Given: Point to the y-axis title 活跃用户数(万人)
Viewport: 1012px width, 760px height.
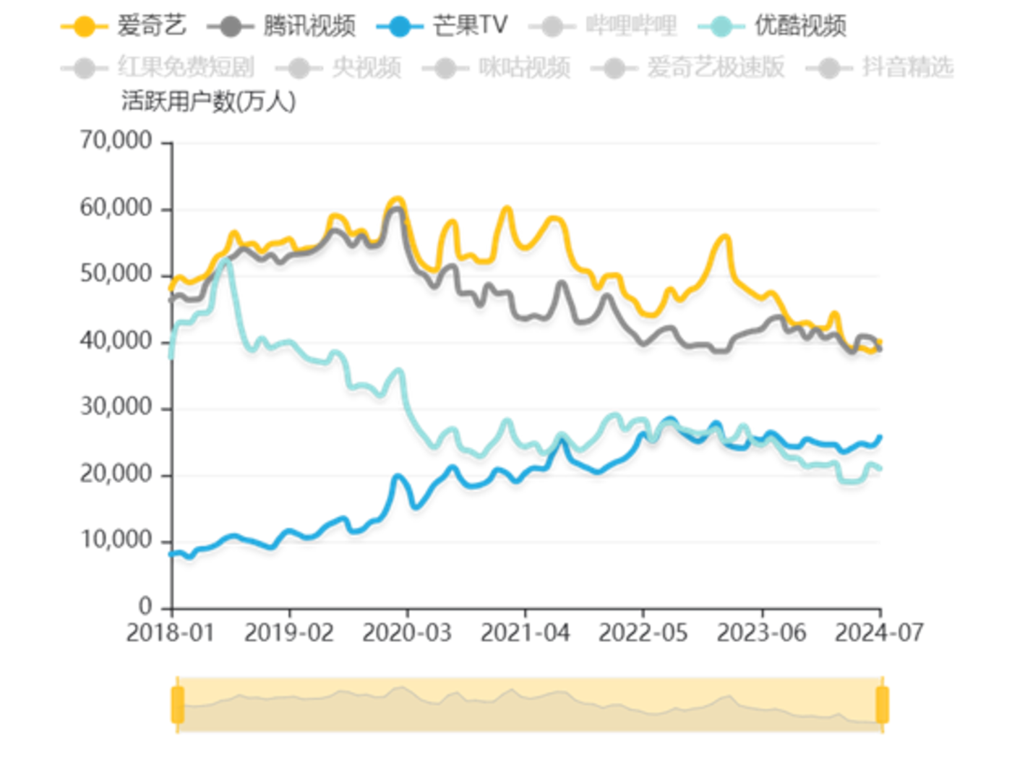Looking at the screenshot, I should pos(209,102).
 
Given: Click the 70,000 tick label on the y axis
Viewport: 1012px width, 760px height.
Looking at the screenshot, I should pos(116,140).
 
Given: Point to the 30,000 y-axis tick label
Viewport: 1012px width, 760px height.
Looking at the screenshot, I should pos(116,408).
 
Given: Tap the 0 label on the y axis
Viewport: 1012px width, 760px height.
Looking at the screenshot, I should pos(145,606).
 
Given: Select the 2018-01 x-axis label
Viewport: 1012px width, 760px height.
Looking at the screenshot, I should pos(171,633).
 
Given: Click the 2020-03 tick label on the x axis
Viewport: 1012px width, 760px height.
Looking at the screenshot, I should pos(407,633).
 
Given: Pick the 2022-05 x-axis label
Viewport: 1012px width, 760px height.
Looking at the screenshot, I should pos(643,633).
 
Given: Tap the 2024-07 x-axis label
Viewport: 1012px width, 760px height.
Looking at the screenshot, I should pos(879,633).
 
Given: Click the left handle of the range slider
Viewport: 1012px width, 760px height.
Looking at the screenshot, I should pos(177,705).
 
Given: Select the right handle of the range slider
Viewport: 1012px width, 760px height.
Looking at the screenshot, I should pos(882,705).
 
